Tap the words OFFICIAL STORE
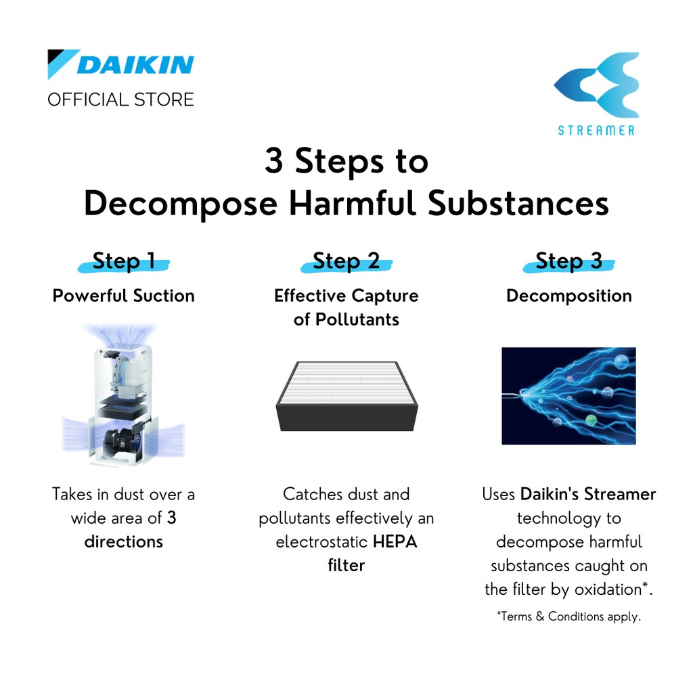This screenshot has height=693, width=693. pyautogui.click(x=120, y=100)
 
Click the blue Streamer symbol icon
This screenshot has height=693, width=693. pyautogui.click(x=596, y=85)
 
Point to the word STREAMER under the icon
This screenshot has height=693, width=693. pyautogui.click(x=596, y=131)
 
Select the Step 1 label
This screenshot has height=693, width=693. pyautogui.click(x=124, y=261)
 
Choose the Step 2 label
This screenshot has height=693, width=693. pyautogui.click(x=346, y=261)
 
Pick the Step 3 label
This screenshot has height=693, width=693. pyautogui.click(x=568, y=261)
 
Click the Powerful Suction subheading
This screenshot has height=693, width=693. pyautogui.click(x=124, y=296)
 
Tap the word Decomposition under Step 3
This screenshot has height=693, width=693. pyautogui.click(x=568, y=296)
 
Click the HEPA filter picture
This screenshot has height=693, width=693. pyautogui.click(x=347, y=396)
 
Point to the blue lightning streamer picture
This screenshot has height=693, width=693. pyautogui.click(x=568, y=396)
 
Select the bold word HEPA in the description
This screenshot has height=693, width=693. pyautogui.click(x=395, y=542)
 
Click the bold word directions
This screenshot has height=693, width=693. pyautogui.click(x=124, y=542)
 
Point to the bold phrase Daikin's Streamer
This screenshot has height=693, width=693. pyautogui.click(x=588, y=494)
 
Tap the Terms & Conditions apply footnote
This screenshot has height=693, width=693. pyautogui.click(x=568, y=617)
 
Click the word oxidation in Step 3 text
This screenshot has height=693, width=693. pyautogui.click(x=608, y=589)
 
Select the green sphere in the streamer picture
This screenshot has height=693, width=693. pyautogui.click(x=591, y=419)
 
